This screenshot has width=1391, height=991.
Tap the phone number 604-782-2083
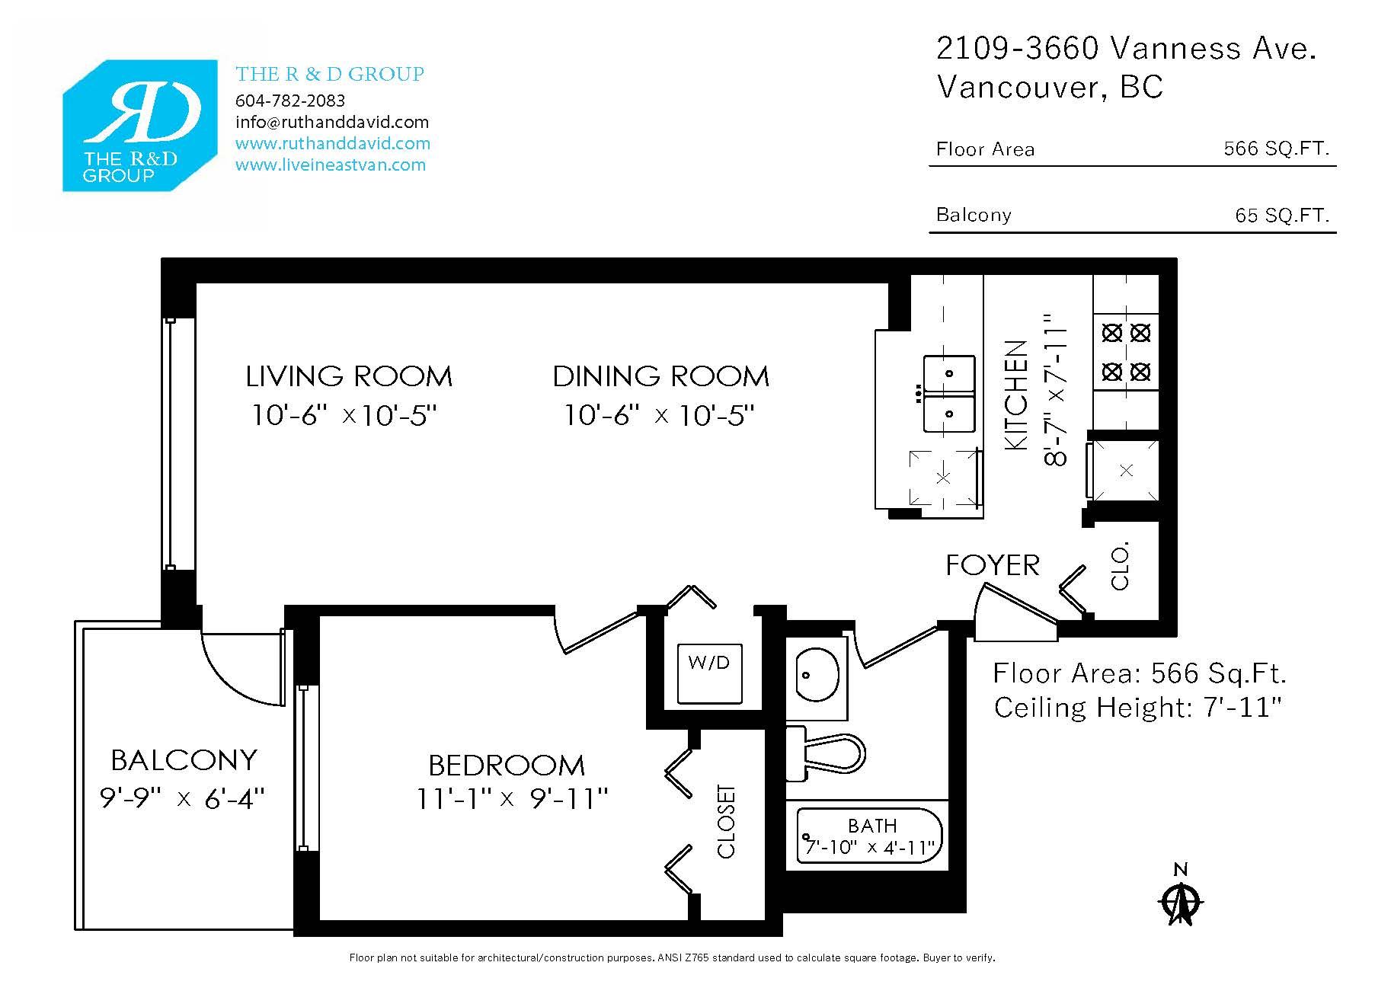click(x=290, y=101)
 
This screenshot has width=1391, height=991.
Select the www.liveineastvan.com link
click(x=331, y=165)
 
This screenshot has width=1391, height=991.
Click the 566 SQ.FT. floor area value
click(x=1277, y=149)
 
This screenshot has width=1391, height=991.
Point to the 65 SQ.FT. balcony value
click(x=1283, y=215)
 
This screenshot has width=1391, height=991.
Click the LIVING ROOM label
click(x=349, y=376)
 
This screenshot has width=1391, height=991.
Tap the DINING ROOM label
click(x=661, y=376)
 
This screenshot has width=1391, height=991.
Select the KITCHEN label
click(x=1017, y=395)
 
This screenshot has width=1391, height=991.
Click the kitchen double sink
click(x=949, y=394)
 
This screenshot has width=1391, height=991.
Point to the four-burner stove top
click(x=1126, y=352)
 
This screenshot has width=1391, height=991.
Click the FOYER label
click(x=993, y=565)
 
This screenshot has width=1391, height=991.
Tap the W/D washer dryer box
click(x=710, y=674)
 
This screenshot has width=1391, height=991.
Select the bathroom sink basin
click(x=817, y=674)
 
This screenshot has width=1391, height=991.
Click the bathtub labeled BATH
click(x=871, y=836)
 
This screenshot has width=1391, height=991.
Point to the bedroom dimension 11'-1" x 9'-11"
click(x=512, y=799)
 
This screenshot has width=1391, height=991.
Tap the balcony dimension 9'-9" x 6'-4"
click(x=183, y=798)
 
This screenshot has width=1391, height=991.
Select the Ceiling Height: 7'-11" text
click(x=1138, y=708)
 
